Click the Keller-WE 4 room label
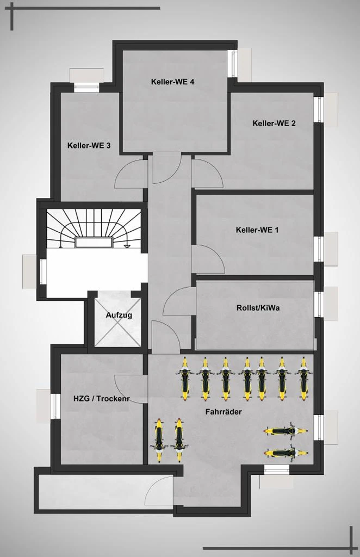tap(172, 82)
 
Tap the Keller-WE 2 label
tap(274, 123)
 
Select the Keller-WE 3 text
tap(89, 145)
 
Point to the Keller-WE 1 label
tap(257, 230)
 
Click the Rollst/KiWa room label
tap(258, 308)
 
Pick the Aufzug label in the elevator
tap(119, 315)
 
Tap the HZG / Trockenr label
tap(101, 399)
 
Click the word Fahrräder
tap(224, 412)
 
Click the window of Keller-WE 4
tap(234, 64)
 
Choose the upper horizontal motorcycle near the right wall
tap(286, 431)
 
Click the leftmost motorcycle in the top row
tap(184, 379)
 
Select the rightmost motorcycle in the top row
tap(303, 379)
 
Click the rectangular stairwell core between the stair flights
tap(94, 242)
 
